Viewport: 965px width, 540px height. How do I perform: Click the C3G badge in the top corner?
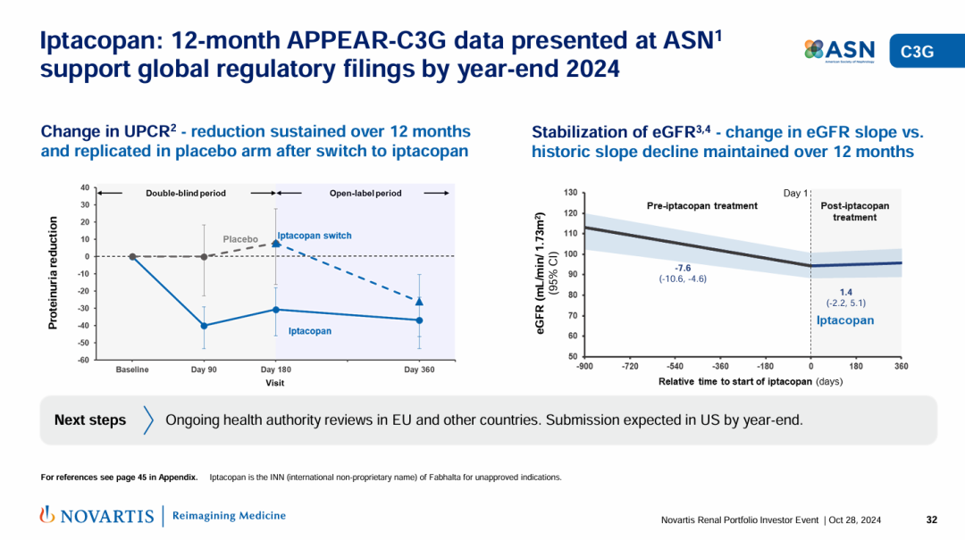(917, 52)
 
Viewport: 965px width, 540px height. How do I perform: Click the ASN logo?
(839, 51)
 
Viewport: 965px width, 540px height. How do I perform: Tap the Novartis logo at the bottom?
(97, 515)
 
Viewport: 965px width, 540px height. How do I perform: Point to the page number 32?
(931, 519)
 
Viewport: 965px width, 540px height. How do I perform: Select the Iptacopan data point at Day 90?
(204, 326)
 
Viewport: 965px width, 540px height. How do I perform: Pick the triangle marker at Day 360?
(419, 302)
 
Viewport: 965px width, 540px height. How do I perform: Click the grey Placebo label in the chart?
(240, 239)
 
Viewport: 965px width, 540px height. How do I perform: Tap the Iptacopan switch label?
(315, 236)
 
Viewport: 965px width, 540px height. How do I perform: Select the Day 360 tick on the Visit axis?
(419, 370)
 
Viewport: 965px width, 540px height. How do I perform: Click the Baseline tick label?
(132, 370)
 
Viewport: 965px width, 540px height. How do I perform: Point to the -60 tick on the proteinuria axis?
(82, 361)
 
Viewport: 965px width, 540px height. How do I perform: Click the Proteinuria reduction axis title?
(54, 272)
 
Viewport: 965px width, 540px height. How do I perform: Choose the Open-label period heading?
(365, 193)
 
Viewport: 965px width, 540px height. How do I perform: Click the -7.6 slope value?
(683, 267)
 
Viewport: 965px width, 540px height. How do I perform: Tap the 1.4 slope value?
(845, 291)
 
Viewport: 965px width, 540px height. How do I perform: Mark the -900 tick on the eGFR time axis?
(584, 366)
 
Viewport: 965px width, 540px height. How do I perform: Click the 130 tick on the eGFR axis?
(569, 193)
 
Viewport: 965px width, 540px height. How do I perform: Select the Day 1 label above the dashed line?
(795, 193)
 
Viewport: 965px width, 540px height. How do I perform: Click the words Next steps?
(90, 420)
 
